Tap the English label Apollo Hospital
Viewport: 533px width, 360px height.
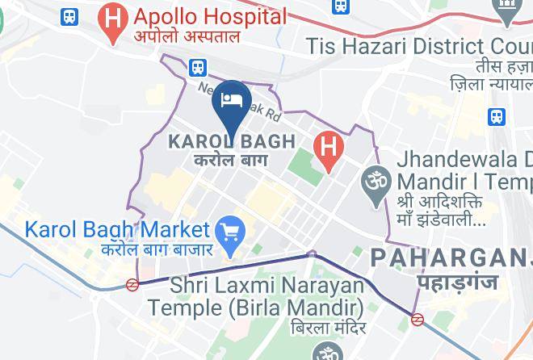tap(211, 16)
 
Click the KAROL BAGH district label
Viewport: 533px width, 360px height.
tap(231, 142)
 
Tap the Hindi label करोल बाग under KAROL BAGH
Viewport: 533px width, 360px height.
tap(232, 160)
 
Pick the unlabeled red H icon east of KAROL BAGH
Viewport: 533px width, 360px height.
tap(328, 148)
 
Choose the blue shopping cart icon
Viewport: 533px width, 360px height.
tap(233, 232)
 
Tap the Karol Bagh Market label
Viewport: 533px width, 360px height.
tap(118, 229)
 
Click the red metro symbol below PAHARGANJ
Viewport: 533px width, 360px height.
tap(418, 319)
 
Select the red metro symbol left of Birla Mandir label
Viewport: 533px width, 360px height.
tap(132, 284)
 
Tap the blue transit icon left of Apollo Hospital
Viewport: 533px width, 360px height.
tap(70, 15)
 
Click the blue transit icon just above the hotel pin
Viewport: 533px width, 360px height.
tap(199, 67)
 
